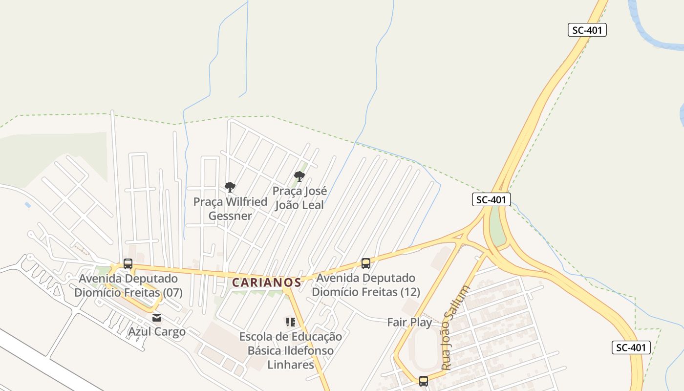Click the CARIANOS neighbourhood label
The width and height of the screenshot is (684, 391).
point(266,282)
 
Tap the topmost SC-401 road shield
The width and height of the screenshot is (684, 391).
point(587,30)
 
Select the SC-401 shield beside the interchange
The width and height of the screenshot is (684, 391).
point(492,199)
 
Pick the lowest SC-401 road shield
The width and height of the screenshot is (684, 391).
point(631,348)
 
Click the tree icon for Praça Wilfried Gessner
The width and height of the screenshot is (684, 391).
point(230,187)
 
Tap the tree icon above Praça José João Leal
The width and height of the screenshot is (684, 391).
point(299,176)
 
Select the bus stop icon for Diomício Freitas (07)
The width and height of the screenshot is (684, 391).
point(128,264)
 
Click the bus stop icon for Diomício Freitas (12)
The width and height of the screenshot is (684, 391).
point(366,263)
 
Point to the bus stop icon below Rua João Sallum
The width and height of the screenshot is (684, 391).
point(424,381)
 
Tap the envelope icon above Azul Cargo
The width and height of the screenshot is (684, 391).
point(157,318)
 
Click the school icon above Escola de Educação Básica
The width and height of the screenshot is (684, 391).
point(291,322)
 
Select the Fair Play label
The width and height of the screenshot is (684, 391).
point(409,323)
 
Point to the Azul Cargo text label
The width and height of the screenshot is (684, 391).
point(157,331)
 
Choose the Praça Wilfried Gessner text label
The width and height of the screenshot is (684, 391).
point(230,209)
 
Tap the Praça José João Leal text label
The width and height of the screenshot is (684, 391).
point(299,198)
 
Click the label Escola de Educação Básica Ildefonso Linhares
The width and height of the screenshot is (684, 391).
point(290,350)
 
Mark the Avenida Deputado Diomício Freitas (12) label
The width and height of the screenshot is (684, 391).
point(366,285)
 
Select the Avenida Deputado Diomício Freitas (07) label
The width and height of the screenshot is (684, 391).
point(128,285)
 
